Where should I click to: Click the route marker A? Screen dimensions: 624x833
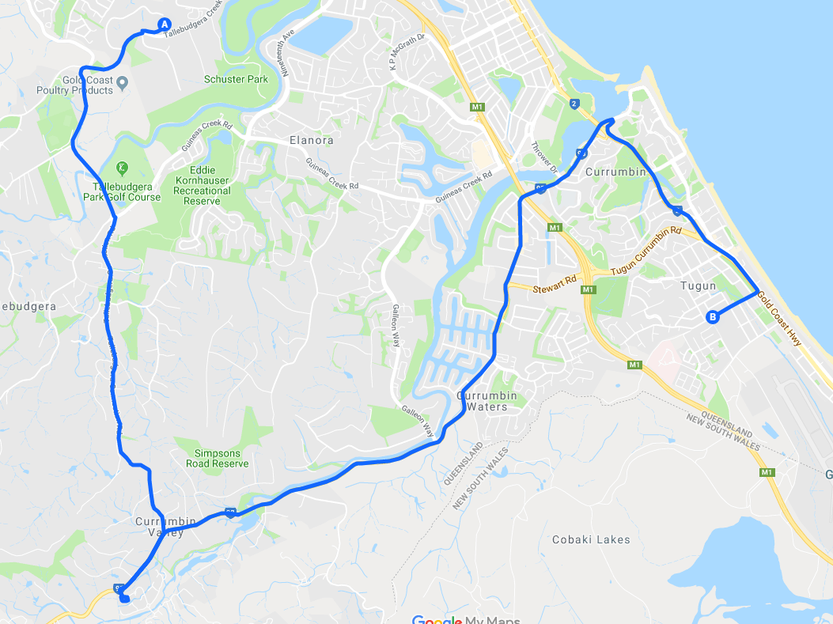[165, 25]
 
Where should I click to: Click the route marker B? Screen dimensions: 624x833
[713, 317]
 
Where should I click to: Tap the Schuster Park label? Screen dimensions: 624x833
[236, 79]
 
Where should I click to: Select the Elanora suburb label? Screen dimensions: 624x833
[312, 140]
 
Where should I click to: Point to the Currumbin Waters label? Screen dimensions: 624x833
[487, 401]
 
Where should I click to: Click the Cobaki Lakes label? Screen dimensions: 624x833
[591, 539]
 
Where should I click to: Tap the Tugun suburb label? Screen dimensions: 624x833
[698, 286]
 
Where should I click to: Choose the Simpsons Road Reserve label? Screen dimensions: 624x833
[218, 458]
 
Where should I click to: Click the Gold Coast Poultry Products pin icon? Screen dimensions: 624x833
[123, 81]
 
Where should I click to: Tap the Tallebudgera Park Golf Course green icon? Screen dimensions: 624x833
[121, 168]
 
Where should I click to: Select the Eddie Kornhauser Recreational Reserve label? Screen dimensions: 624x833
[202, 185]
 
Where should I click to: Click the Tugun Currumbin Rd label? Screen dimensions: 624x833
[646, 251]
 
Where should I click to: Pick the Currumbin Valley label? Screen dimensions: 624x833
[159, 527]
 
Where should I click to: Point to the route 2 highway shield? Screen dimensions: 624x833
[573, 104]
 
